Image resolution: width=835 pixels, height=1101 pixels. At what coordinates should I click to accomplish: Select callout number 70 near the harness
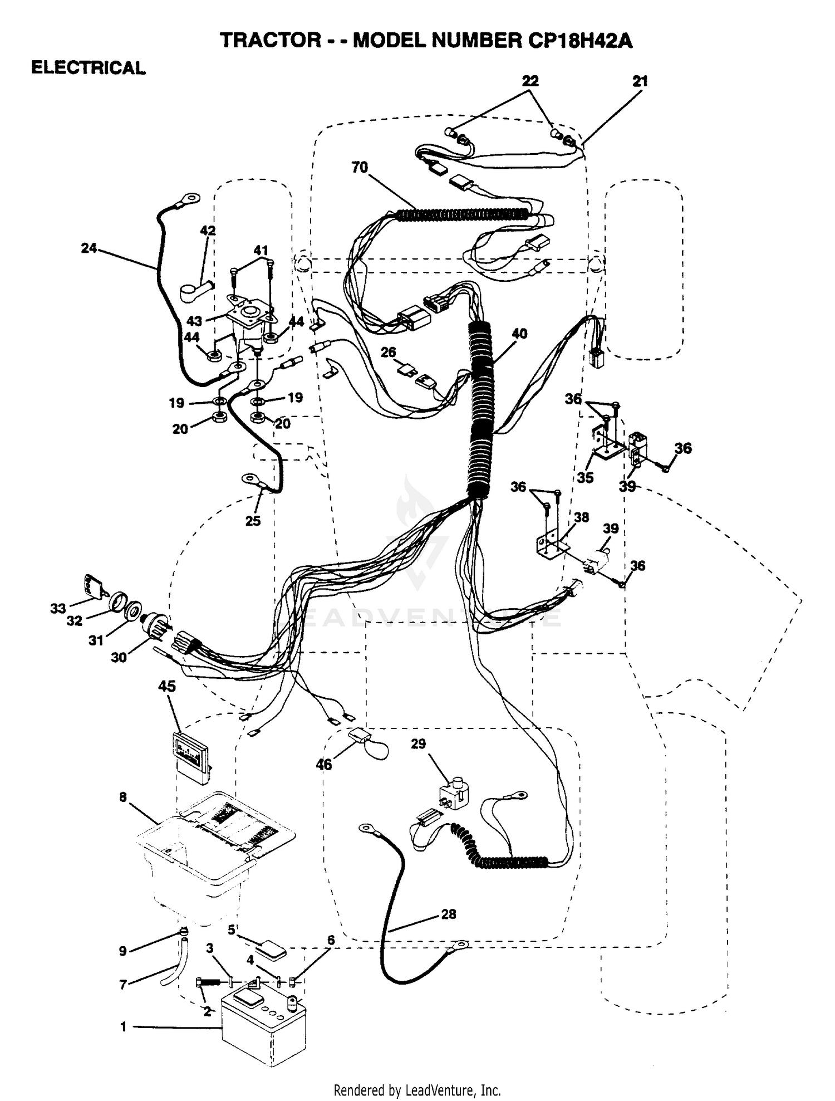click(x=360, y=167)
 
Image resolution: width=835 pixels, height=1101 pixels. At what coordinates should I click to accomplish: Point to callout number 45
click(x=166, y=686)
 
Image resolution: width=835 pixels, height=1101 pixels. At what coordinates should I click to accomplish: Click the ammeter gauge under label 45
click(x=192, y=758)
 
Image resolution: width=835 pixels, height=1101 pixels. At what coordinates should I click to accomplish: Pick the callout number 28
click(x=448, y=914)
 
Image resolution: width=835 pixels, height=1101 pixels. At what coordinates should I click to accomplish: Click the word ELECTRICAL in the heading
click(x=88, y=68)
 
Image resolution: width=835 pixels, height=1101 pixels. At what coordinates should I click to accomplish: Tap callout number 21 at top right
click(x=640, y=81)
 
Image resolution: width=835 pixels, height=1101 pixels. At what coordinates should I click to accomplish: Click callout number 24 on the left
click(x=89, y=248)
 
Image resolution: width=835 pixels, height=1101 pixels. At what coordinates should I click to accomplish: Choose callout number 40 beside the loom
click(x=519, y=334)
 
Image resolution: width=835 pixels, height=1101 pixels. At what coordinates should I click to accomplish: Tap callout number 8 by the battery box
click(x=123, y=797)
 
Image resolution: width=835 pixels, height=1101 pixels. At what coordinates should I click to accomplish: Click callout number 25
click(x=253, y=521)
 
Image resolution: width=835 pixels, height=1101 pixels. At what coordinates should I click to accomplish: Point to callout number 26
click(x=389, y=352)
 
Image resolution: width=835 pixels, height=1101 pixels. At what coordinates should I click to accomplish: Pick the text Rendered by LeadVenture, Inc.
click(x=417, y=1090)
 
